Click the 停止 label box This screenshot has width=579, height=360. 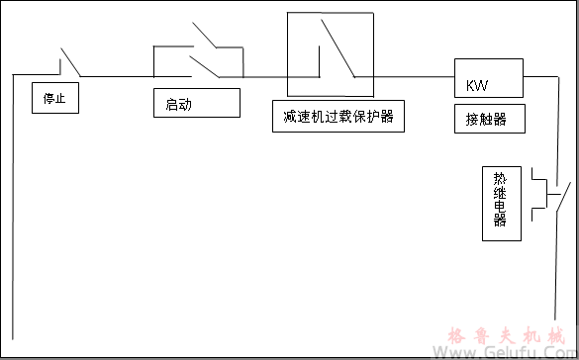(55, 99)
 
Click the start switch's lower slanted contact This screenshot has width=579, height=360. (206, 65)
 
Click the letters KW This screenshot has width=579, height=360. (477, 85)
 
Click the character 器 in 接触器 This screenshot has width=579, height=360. (500, 120)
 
